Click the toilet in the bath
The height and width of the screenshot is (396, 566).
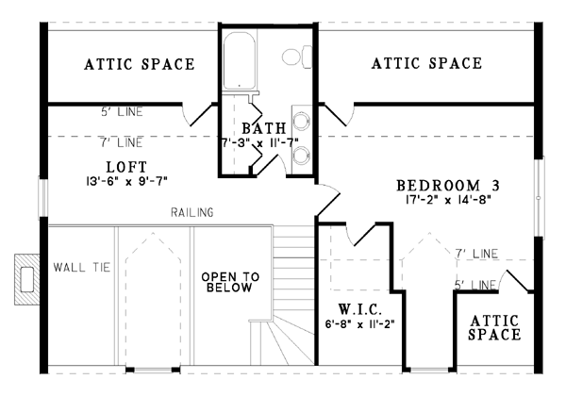tap(297, 57)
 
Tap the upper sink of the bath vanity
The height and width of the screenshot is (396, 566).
tap(301, 121)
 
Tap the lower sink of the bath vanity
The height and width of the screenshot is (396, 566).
tap(301, 155)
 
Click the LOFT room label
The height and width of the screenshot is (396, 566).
tap(127, 167)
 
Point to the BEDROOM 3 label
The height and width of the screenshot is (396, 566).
tap(448, 186)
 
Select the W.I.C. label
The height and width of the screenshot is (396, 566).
tap(360, 309)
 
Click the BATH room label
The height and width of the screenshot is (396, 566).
tap(264, 128)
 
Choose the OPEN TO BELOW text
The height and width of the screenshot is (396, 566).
tap(230, 282)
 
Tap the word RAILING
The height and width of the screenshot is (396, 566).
tap(192, 212)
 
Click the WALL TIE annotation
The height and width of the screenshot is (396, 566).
tap(82, 267)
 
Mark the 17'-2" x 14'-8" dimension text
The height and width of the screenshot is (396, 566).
tap(447, 200)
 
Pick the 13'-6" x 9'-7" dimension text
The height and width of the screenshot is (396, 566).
tap(127, 181)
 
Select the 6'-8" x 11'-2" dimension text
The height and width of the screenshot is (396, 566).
tap(359, 323)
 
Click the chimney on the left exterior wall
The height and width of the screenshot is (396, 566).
tap(27, 279)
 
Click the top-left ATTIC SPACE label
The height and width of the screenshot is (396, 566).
tap(140, 64)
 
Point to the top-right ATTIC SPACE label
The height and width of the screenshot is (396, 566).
tap(427, 63)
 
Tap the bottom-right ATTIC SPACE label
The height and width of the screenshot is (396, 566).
tap(494, 327)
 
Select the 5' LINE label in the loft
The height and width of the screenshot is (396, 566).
tap(122, 112)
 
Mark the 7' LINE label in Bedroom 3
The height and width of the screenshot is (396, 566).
tap(476, 254)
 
